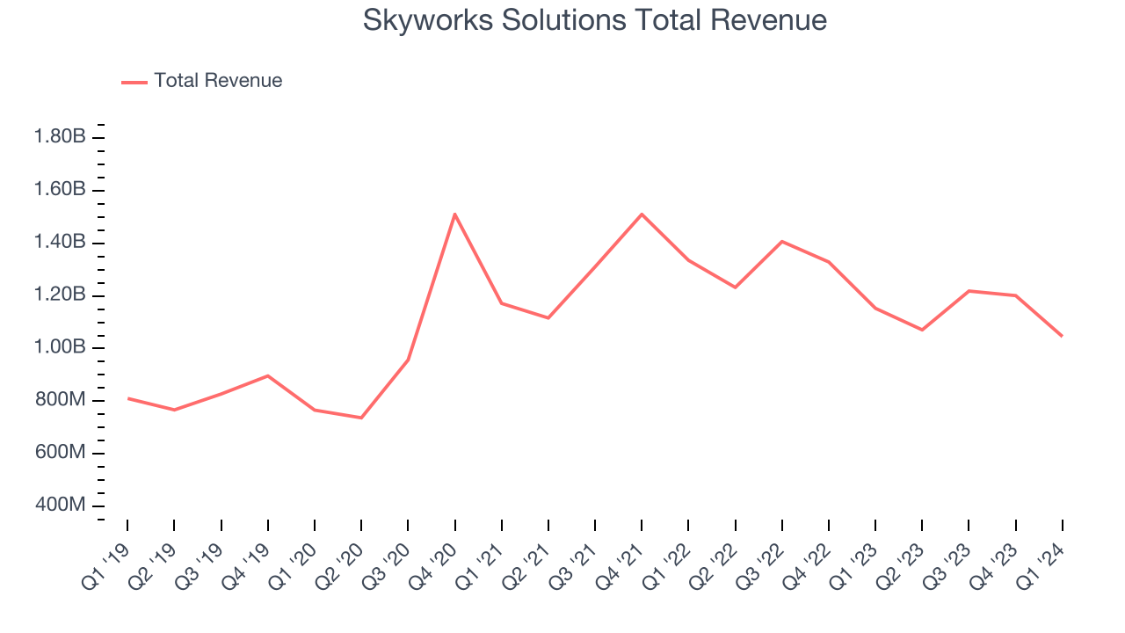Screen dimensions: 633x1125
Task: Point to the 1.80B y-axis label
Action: click(x=60, y=137)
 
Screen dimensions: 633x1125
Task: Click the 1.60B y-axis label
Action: click(x=60, y=190)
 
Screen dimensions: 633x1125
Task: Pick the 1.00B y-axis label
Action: click(x=60, y=347)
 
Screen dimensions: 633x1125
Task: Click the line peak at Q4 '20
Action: click(x=454, y=214)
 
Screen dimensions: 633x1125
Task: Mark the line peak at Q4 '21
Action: click(x=642, y=214)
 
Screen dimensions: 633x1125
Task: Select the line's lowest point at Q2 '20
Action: click(x=361, y=418)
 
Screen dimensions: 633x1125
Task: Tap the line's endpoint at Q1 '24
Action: click(x=1062, y=336)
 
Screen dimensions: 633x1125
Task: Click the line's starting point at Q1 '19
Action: click(x=127, y=398)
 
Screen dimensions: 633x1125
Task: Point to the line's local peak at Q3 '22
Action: click(x=781, y=241)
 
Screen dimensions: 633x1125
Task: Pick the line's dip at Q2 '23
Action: click(x=922, y=330)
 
